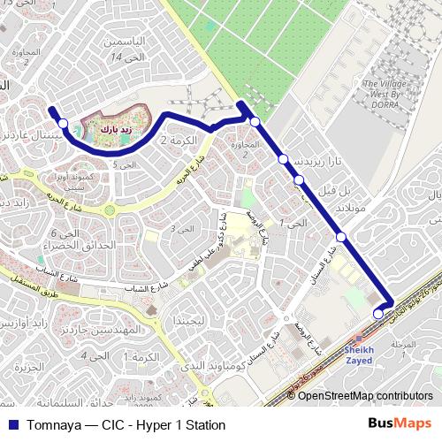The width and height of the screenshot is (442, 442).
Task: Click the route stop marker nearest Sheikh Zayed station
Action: [378, 313]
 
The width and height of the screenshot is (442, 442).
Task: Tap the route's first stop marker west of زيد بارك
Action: [63, 125]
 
